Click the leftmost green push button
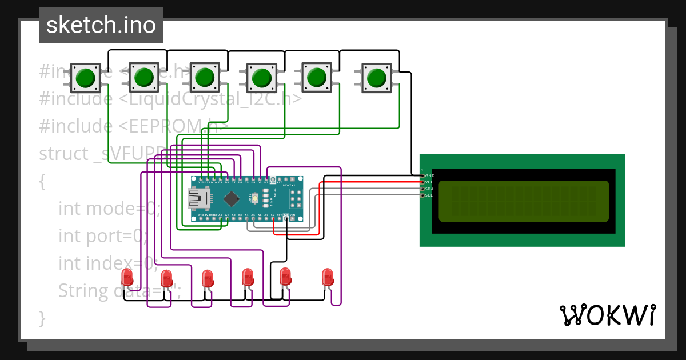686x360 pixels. click(x=86, y=78)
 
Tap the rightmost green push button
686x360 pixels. click(x=376, y=78)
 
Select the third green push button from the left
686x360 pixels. click(x=204, y=78)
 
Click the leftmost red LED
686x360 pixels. click(x=127, y=278)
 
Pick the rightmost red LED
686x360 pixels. click(x=328, y=277)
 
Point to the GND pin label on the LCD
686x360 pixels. click(x=429, y=175)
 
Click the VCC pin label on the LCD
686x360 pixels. click(x=429, y=182)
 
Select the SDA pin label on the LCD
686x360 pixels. click(x=429, y=189)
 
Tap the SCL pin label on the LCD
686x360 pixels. click(x=429, y=195)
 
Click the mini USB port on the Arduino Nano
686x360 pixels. click(x=199, y=199)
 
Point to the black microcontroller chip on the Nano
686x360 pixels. click(x=232, y=199)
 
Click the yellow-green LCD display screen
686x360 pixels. click(x=524, y=201)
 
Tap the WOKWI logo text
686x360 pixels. click(x=607, y=315)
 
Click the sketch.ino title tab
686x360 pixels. click(x=101, y=25)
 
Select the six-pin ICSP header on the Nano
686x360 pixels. click(x=296, y=199)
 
